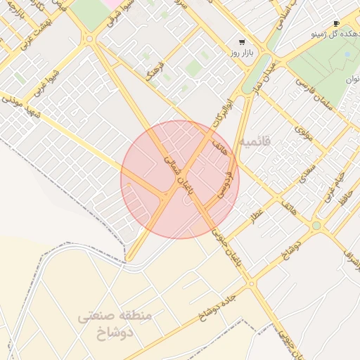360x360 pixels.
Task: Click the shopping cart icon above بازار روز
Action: coord(242,42)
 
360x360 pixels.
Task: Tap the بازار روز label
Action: coord(241,53)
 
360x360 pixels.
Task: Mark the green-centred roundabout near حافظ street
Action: coord(316,226)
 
